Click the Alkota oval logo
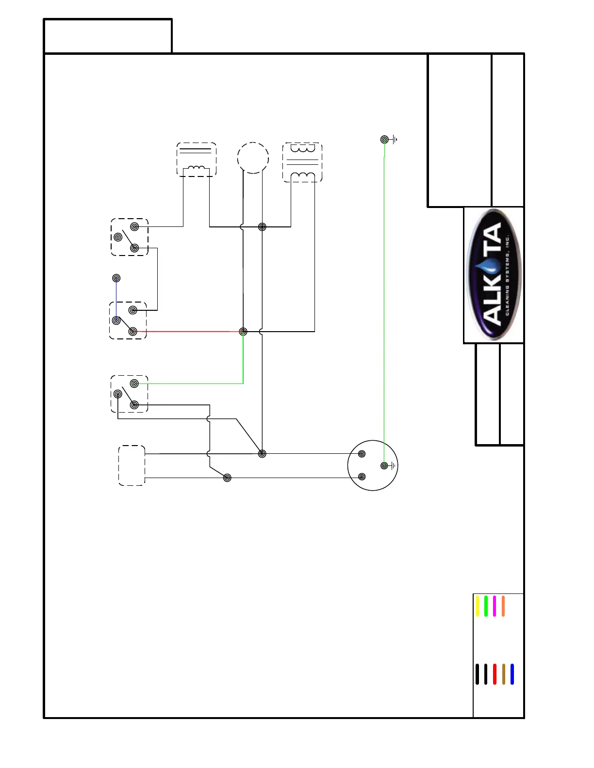click(494, 274)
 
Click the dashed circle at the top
click(253, 158)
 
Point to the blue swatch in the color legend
click(512, 674)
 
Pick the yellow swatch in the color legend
click(478, 606)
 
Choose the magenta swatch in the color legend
click(495, 606)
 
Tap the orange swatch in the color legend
click(503, 606)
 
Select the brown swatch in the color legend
click(504, 674)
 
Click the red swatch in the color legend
click(495, 674)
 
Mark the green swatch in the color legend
click(486, 606)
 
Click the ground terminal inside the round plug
click(384, 465)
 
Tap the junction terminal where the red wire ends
click(243, 332)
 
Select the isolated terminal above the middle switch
click(116, 278)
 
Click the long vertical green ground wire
click(384, 301)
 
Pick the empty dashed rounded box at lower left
click(132, 465)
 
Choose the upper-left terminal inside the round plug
click(362, 454)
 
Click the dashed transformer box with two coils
click(302, 162)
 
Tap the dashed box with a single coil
click(196, 160)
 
